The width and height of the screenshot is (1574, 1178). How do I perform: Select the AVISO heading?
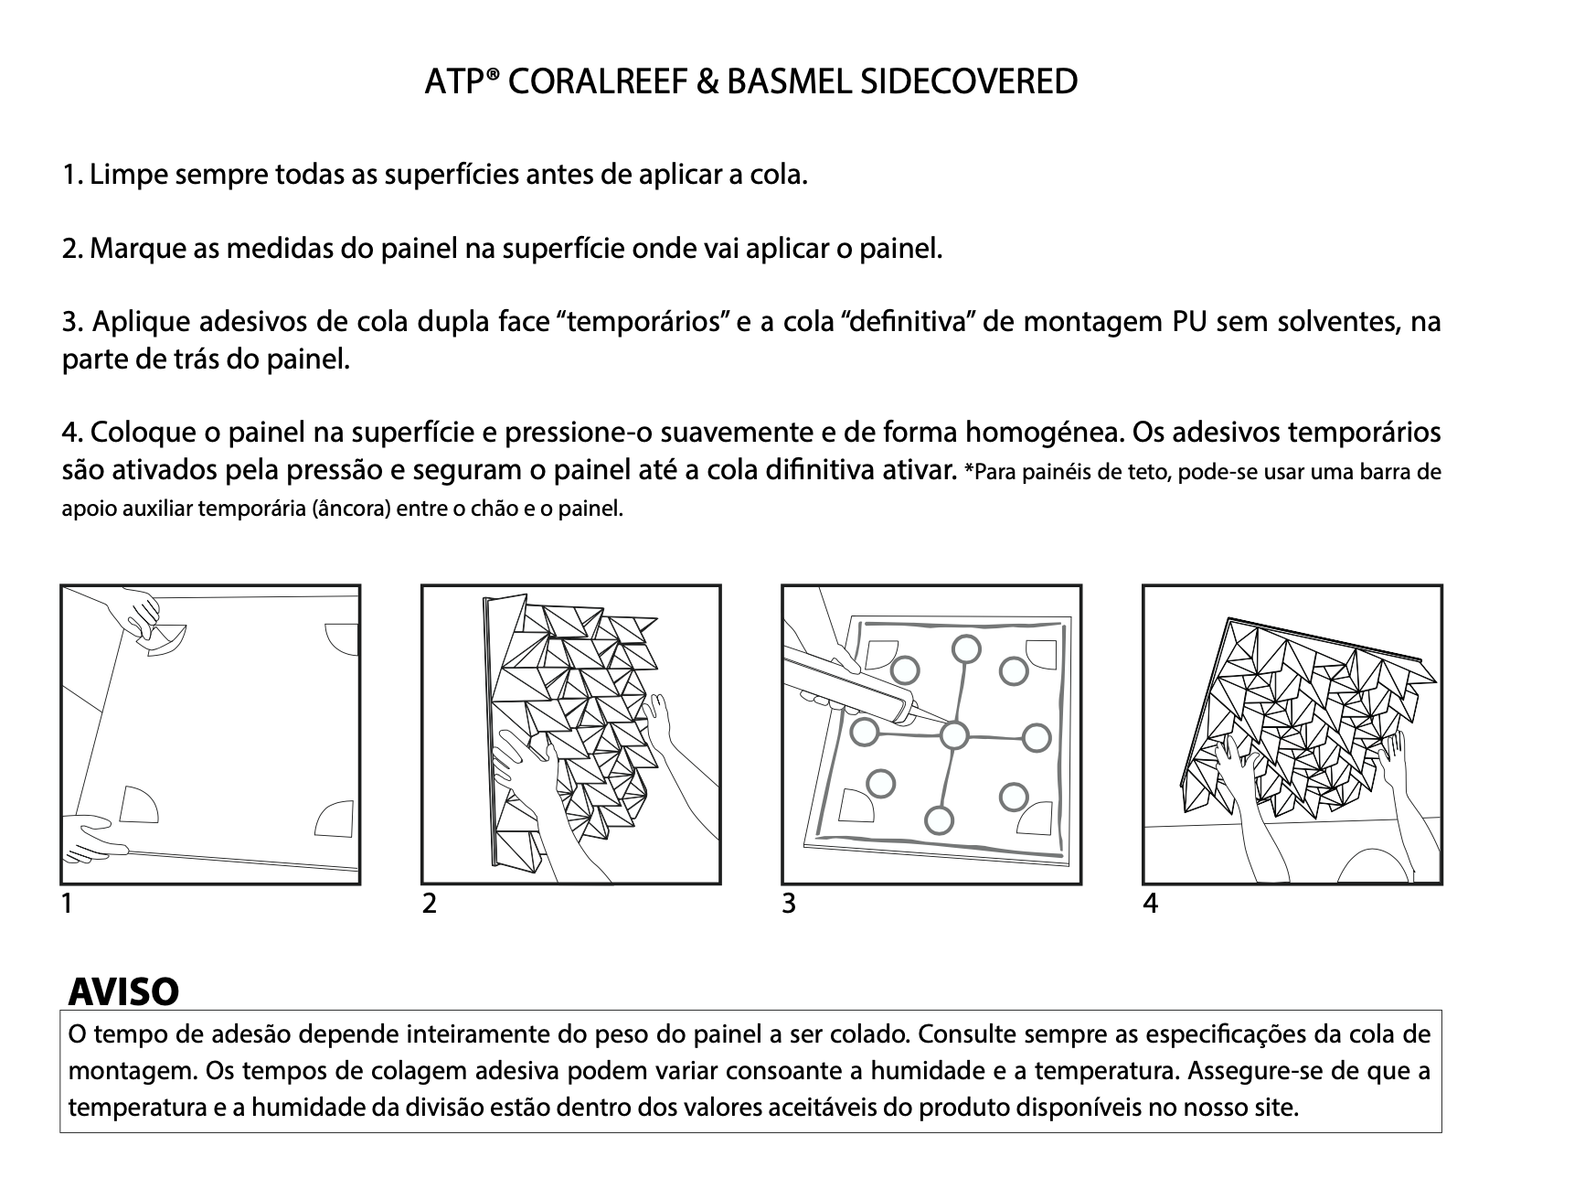[x=123, y=991]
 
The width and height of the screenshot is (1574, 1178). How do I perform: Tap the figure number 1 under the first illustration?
[x=66, y=904]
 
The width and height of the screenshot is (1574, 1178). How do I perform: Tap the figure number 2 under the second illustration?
[x=429, y=904]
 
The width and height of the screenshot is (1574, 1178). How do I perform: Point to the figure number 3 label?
[x=789, y=904]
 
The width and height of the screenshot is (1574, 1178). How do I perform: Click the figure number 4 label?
[x=1151, y=904]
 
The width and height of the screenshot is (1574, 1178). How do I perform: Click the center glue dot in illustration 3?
[x=953, y=735]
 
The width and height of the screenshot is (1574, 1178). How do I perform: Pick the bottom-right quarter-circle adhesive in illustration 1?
[x=336, y=819]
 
